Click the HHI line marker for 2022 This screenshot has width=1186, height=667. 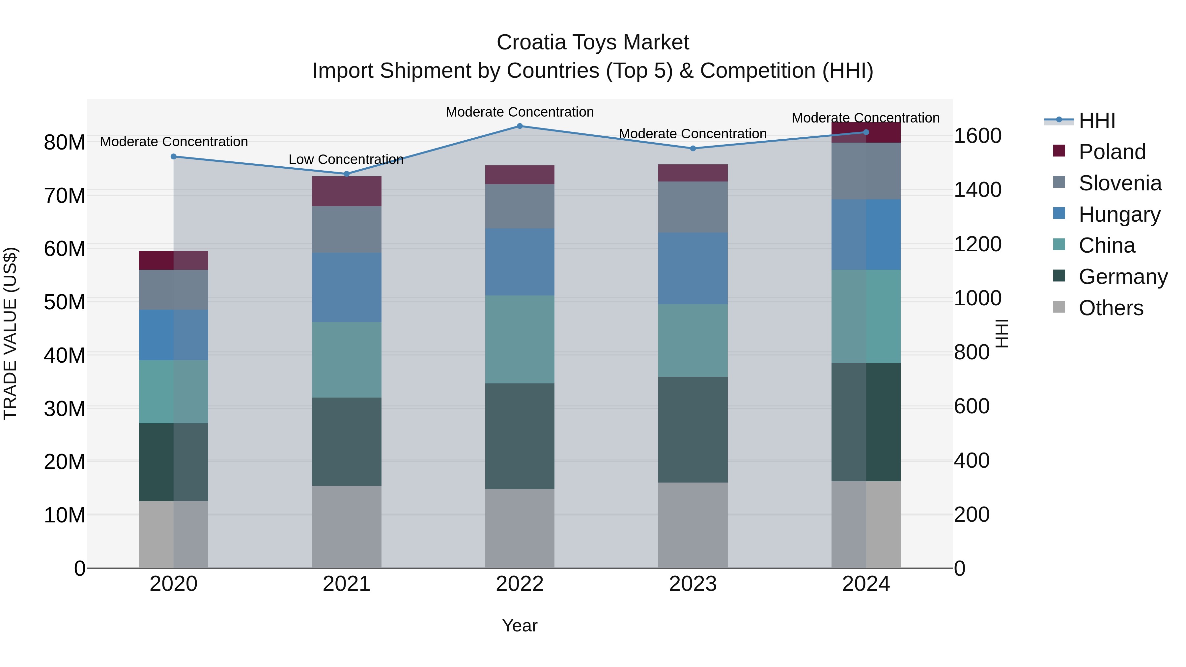tap(520, 126)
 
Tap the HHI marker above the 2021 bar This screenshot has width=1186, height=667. tap(347, 174)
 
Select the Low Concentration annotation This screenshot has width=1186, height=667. tap(346, 159)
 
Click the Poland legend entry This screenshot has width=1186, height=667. tap(1112, 152)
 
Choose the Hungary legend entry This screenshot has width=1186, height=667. tap(1119, 214)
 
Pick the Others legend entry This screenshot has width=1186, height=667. tap(1111, 308)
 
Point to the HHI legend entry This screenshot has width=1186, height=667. tap(1097, 121)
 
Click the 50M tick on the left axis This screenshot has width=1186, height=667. tap(65, 302)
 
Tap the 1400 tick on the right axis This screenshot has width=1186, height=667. tap(977, 190)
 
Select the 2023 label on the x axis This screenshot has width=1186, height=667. tap(692, 584)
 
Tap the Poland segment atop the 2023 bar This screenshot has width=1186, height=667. tap(692, 173)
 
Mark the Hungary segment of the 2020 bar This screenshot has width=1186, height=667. tap(174, 335)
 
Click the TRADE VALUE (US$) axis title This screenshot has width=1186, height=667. tap(10, 333)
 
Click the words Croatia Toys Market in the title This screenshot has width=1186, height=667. tap(593, 43)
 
